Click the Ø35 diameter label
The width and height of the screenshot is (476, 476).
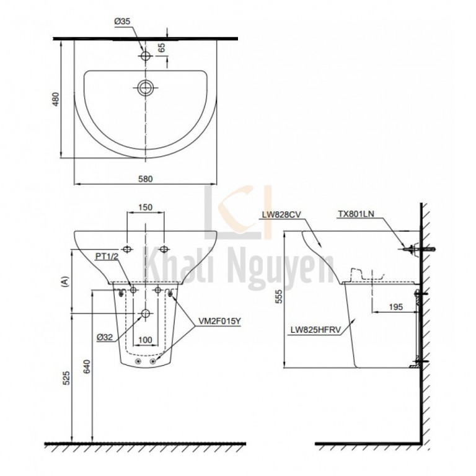122,21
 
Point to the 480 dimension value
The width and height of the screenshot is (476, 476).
56,99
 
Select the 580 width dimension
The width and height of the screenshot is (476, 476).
146,179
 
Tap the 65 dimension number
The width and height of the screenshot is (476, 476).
162,47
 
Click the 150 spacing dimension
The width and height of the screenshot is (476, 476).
146,208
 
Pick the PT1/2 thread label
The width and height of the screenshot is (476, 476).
106,257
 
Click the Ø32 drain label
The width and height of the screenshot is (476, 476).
105,337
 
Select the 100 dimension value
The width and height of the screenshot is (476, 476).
145,340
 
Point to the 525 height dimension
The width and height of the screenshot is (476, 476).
66,377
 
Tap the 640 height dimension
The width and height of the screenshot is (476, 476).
87,367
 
